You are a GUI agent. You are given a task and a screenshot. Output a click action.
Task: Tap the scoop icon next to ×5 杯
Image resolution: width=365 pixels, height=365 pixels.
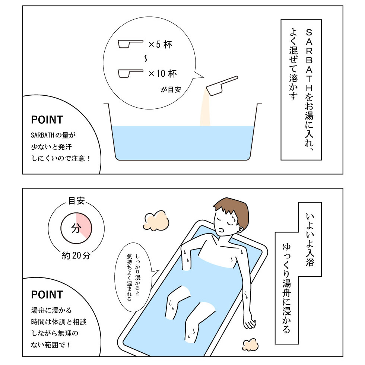point(130,44)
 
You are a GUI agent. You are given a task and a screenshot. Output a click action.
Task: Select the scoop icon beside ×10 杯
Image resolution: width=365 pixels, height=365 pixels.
point(130,73)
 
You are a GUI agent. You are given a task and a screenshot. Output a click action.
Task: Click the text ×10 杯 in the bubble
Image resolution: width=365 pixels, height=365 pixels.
point(163,74)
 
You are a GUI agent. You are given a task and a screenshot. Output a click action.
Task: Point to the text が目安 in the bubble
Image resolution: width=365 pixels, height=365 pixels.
point(171,90)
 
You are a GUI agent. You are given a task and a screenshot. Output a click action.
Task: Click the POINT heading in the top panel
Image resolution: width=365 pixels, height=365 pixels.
point(47,120)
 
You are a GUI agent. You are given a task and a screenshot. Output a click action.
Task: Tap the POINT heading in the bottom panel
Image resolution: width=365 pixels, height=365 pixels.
point(47,295)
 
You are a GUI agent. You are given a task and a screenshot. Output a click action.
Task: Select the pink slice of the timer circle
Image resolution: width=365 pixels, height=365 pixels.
point(83,224)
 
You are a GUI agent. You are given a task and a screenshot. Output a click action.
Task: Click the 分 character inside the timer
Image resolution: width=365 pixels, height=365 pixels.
point(76,228)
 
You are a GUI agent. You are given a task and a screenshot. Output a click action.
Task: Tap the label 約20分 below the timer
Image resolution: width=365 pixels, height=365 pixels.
point(76,256)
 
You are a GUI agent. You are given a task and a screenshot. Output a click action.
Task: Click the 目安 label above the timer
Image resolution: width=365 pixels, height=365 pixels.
point(76,200)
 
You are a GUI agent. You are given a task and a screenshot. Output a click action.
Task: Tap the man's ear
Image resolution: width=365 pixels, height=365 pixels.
point(240,229)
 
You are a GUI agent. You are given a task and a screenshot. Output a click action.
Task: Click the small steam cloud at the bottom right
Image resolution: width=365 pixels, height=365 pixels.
point(250,345)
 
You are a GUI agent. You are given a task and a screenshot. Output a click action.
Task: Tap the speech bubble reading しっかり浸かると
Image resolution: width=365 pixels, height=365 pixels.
point(133,277)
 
